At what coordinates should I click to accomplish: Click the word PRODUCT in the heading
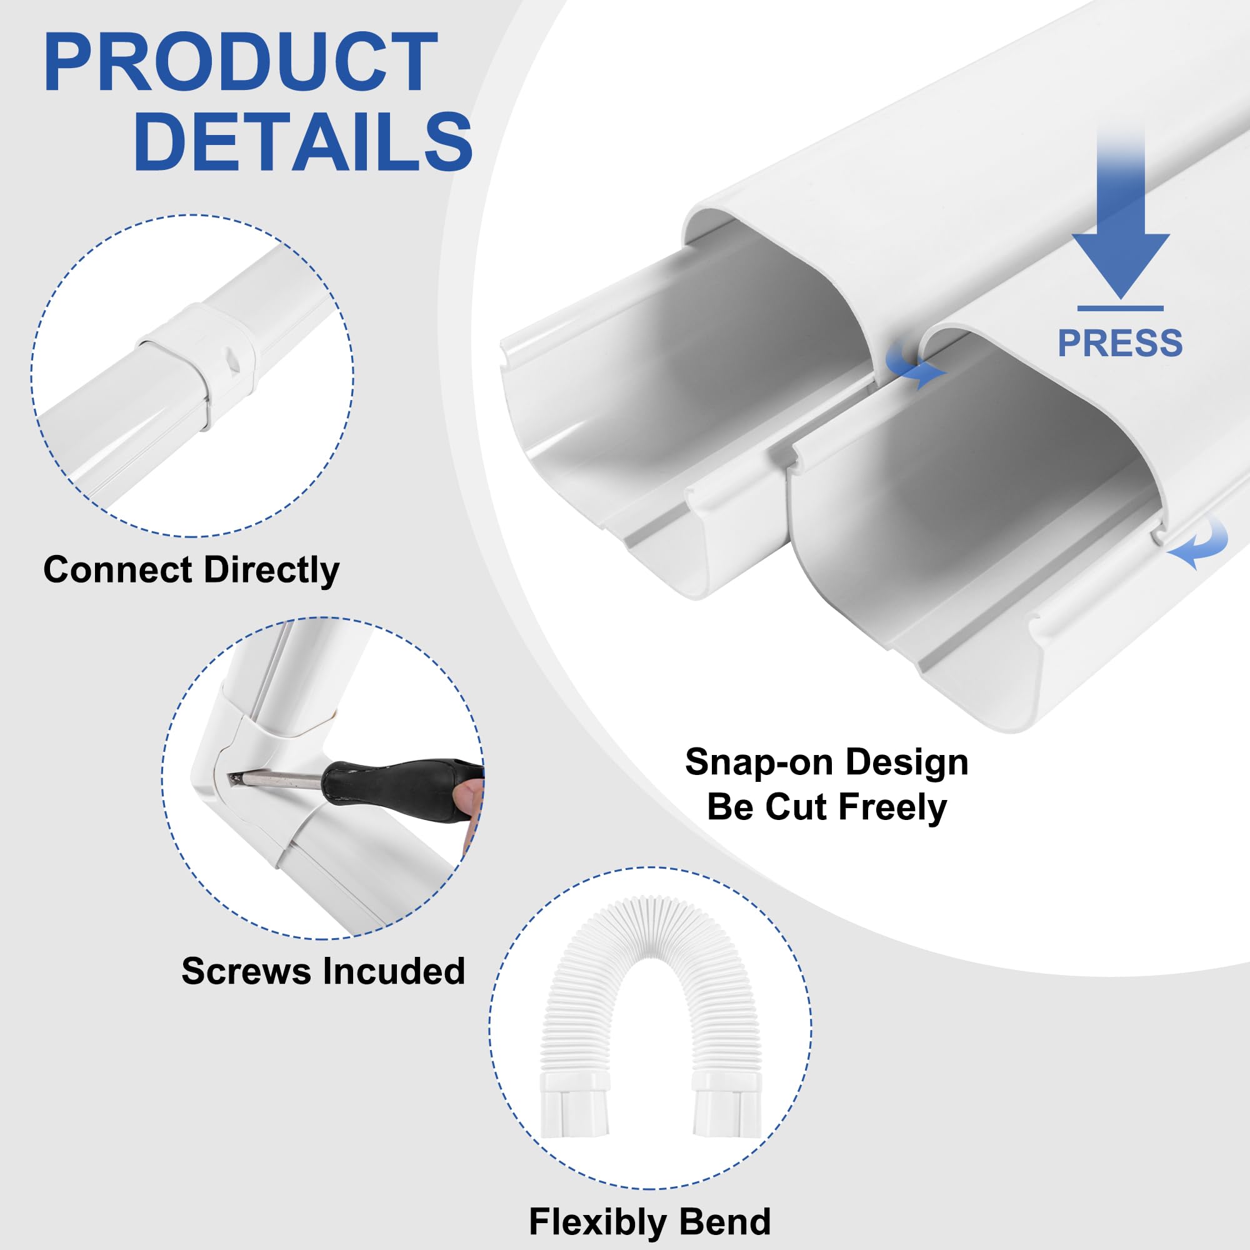coord(241,63)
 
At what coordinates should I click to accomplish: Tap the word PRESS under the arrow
coord(1120,343)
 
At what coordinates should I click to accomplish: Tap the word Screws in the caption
coord(246,971)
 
